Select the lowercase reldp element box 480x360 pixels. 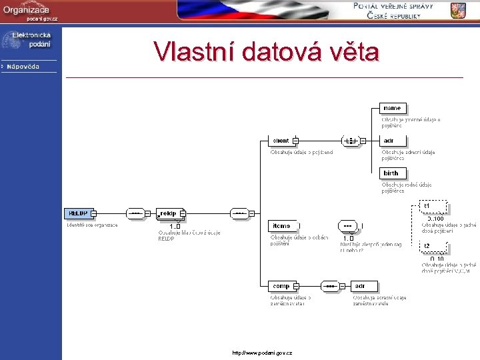(169, 213)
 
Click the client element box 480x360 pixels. (281, 141)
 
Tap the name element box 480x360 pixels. (392, 108)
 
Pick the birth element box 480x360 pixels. (391, 173)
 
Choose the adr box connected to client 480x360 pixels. (389, 141)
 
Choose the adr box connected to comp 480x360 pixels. (359, 286)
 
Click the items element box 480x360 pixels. (281, 226)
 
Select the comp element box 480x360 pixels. (281, 286)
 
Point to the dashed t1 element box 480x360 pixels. (433, 207)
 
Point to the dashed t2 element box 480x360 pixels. (433, 247)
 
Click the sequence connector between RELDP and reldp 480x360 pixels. (135, 213)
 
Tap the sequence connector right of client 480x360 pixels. (350, 141)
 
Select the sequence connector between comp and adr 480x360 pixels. (329, 286)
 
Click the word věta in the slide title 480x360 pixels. (352, 51)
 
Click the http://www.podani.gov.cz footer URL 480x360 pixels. (262, 352)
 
